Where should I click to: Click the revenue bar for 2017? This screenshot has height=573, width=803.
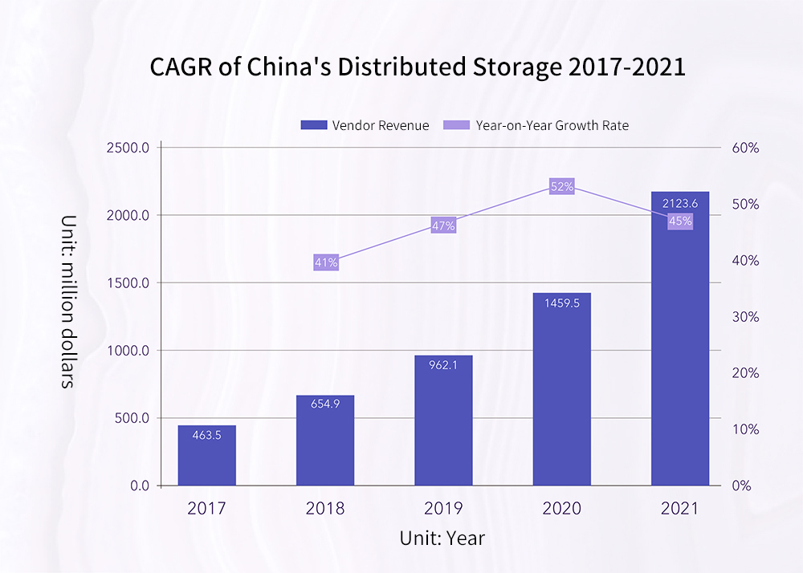coord(207,455)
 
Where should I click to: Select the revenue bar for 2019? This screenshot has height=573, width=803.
coord(443,421)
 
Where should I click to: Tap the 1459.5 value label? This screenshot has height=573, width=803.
coord(561,304)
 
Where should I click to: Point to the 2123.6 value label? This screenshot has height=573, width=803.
coord(680,204)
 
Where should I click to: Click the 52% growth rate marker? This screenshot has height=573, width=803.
coord(562,186)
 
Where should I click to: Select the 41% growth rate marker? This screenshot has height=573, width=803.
coord(326,262)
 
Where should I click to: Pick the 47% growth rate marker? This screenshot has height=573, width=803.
coord(443,226)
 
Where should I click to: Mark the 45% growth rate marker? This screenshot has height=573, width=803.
coord(680,221)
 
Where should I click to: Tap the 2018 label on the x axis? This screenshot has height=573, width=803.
coord(325,509)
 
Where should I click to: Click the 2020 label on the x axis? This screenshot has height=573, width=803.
coord(561,509)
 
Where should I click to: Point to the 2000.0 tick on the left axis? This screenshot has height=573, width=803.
coord(129,215)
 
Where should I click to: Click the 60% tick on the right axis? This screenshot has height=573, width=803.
coord(745,148)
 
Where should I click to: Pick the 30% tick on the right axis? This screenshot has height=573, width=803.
coord(745,317)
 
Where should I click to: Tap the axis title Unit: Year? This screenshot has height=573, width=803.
coord(442,538)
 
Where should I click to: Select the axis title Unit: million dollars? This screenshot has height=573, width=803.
coord(68,302)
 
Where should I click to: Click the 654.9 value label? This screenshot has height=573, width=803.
coord(325,404)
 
